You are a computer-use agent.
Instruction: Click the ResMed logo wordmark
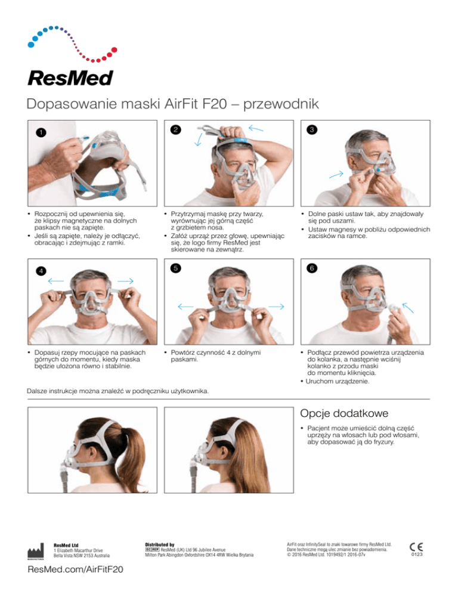point(71,78)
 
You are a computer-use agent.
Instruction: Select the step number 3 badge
point(312,129)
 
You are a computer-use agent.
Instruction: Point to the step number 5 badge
point(175,268)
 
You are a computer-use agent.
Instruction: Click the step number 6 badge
point(312,268)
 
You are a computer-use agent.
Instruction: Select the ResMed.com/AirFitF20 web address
point(76,570)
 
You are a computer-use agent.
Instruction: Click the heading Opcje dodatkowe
point(344,413)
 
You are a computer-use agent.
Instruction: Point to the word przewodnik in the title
point(281,104)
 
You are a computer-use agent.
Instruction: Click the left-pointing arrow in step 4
point(56,281)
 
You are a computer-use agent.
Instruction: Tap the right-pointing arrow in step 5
point(277,307)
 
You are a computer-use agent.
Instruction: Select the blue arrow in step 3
point(336,174)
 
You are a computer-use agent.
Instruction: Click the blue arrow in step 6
point(408,307)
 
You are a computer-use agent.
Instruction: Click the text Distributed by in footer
point(160,545)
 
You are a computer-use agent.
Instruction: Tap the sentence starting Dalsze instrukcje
point(117,391)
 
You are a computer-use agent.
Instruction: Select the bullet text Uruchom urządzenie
point(338,381)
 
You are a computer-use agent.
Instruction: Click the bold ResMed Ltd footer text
point(66,545)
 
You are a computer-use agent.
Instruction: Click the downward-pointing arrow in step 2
point(198,139)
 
